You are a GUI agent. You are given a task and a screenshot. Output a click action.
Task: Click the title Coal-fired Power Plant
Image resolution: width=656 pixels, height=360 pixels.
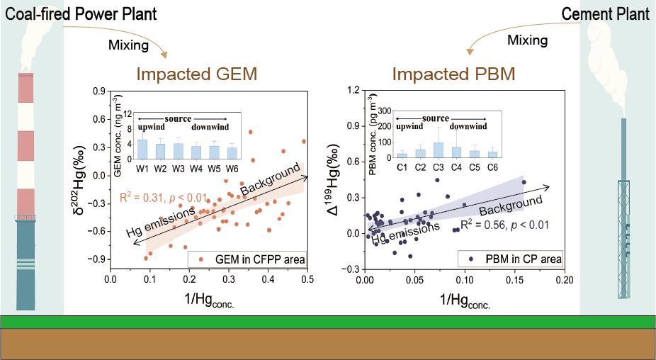(81, 13)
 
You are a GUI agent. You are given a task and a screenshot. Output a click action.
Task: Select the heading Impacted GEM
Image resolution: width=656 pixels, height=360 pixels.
(196, 74)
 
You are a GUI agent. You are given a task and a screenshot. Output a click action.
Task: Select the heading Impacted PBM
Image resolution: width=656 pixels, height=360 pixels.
(453, 74)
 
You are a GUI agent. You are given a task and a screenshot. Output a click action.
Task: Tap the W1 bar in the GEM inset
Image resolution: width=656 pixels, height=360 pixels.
(142, 149)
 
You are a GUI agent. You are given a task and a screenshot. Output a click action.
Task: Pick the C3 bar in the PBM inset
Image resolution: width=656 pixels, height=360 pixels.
(439, 150)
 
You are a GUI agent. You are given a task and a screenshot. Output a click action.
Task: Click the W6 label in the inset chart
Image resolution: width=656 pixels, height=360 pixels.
(232, 167)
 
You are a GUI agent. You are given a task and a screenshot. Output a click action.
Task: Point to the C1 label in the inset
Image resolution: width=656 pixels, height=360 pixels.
(402, 167)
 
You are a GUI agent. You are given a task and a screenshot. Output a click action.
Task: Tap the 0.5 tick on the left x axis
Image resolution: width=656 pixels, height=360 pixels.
(307, 280)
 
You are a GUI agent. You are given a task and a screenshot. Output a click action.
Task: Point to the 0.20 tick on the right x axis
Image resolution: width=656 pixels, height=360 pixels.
(564, 280)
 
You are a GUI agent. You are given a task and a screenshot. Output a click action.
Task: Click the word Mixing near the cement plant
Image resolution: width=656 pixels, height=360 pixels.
(528, 40)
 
